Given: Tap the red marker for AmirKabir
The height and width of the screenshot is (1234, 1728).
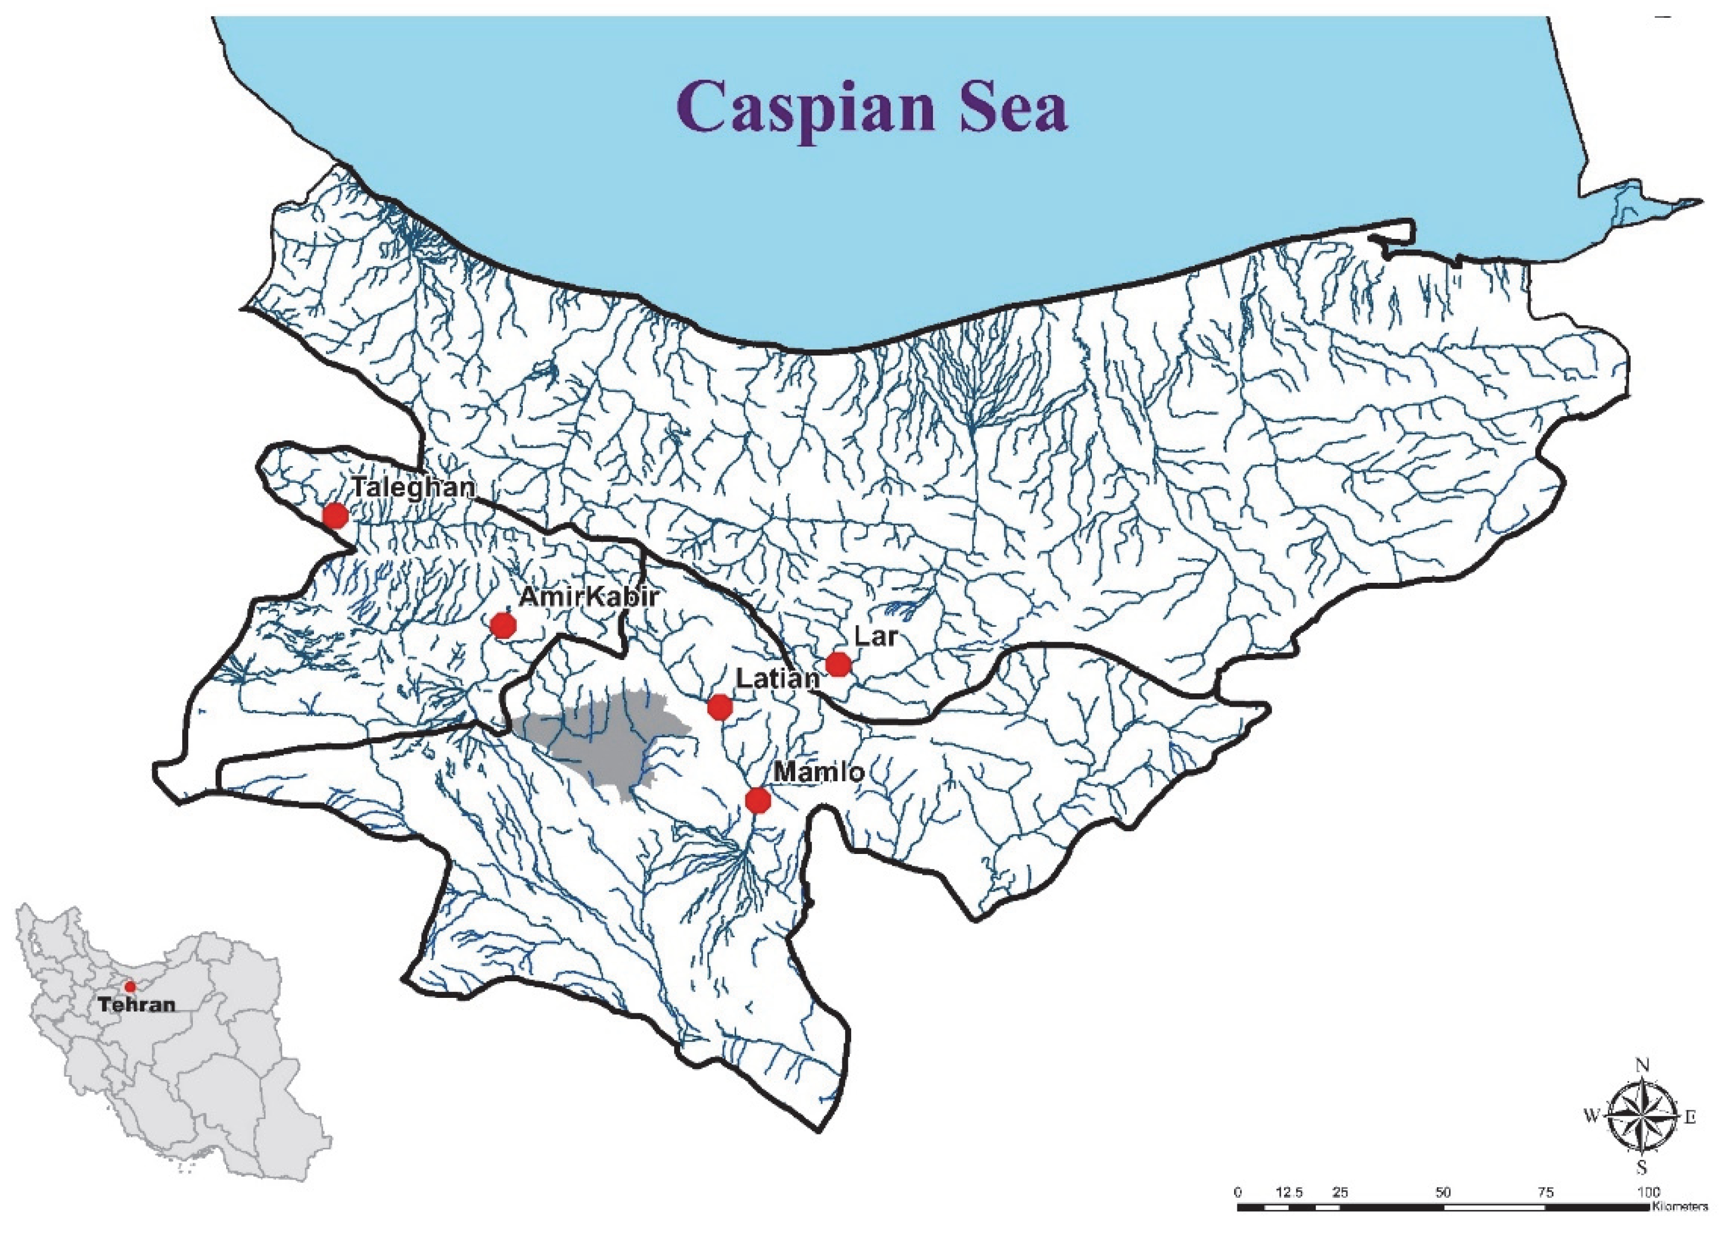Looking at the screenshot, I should point(503,626).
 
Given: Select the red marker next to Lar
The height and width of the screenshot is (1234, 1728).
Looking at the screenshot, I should point(837,664).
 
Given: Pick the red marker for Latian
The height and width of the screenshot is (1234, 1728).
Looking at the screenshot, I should point(720,707).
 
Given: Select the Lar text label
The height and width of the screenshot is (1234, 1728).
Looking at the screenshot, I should point(876,636).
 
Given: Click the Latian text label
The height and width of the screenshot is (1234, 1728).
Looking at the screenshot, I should point(777,678).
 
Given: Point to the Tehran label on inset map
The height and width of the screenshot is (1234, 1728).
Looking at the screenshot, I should point(137,1005).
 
